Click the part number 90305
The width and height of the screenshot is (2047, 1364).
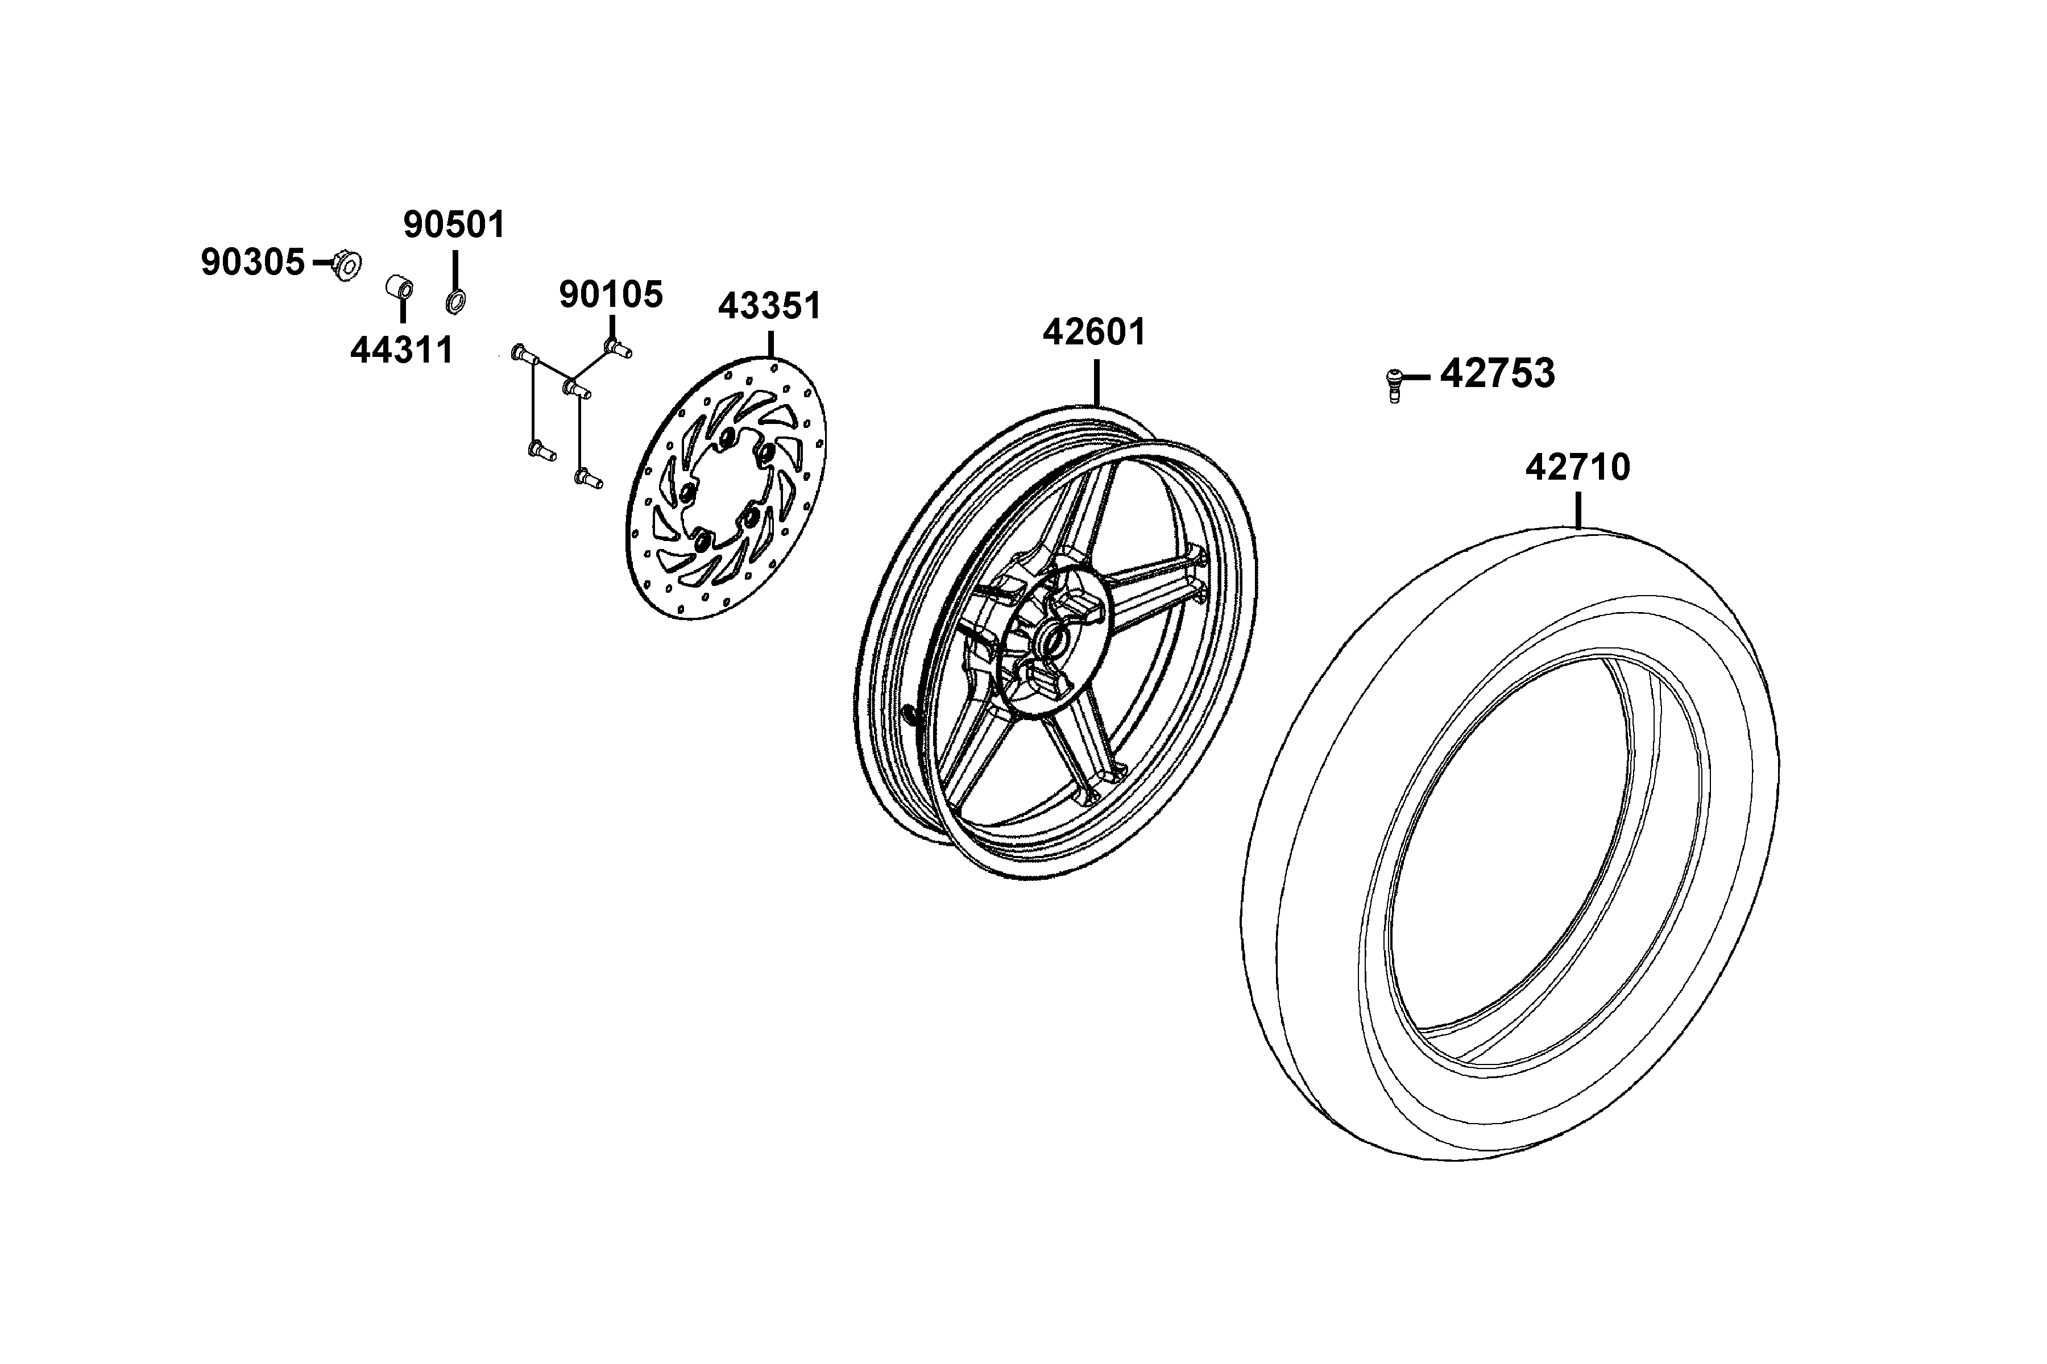click(x=252, y=262)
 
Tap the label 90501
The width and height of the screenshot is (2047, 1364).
click(x=454, y=224)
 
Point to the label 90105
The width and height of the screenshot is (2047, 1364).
click(x=611, y=295)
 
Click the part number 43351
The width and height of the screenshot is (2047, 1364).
click(x=769, y=306)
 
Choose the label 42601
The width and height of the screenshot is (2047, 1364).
click(x=1095, y=332)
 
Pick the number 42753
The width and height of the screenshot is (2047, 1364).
click(x=1498, y=373)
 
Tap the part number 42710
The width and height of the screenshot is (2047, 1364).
click(x=1578, y=467)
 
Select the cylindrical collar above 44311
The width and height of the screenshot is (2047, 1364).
click(x=400, y=287)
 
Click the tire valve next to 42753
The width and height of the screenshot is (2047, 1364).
click(x=1394, y=385)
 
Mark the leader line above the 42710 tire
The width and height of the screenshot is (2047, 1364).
click(x=1578, y=510)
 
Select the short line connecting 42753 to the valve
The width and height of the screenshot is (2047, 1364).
click(x=1416, y=377)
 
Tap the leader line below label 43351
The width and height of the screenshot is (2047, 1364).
click(x=770, y=344)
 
